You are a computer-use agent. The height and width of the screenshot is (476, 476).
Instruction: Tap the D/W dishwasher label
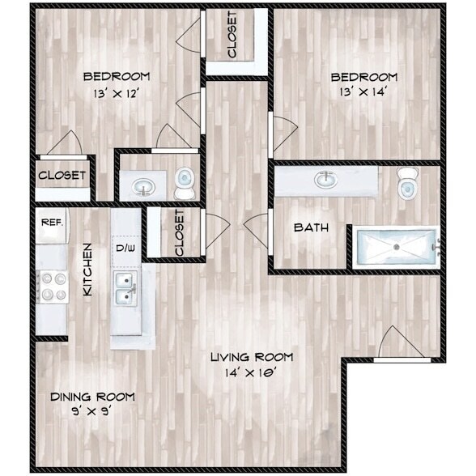coord(125,247)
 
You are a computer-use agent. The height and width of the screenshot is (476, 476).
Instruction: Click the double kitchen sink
coord(125,288)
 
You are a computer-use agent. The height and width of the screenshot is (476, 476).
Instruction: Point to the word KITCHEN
coord(90,270)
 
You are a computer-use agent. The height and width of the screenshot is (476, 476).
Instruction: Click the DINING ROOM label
coord(92,397)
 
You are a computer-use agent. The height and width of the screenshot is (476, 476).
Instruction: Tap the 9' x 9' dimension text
coord(91,411)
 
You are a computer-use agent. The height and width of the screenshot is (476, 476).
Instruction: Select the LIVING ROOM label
coord(251,357)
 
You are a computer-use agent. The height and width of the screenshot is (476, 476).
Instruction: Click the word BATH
coord(311,227)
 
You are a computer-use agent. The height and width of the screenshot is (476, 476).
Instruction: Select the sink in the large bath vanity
coord(326,179)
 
